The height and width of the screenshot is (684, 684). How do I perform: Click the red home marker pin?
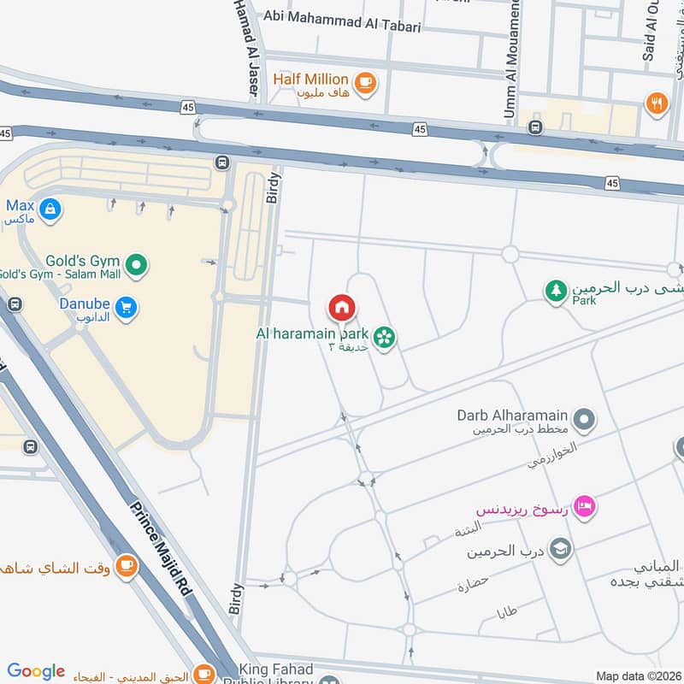pyautogui.click(x=341, y=307)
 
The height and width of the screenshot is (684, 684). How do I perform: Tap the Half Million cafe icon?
pyautogui.click(x=366, y=82)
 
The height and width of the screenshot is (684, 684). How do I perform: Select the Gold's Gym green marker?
pyautogui.click(x=135, y=265)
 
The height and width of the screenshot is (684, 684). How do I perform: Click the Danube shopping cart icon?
pyautogui.click(x=127, y=306)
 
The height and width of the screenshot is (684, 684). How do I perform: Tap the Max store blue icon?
pyautogui.click(x=50, y=208)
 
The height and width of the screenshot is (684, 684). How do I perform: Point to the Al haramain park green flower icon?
pyautogui.click(x=385, y=338)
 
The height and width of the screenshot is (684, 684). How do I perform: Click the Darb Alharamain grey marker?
pyautogui.click(x=585, y=419)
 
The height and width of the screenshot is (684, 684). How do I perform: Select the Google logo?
pyautogui.click(x=36, y=671)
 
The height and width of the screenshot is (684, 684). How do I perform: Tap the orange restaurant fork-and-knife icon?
pyautogui.click(x=657, y=104)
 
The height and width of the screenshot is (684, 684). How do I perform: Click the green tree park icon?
pyautogui.click(x=557, y=292)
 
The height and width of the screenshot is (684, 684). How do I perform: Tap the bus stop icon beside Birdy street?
pyautogui.click(x=223, y=162)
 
